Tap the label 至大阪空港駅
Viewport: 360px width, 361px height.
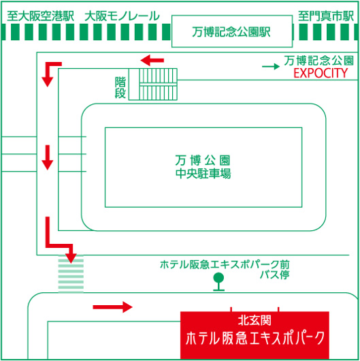coord(40,16)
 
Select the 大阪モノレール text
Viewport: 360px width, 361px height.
coord(122,16)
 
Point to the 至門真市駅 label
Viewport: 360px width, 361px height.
coord(326,16)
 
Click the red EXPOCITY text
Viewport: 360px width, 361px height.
coord(321,73)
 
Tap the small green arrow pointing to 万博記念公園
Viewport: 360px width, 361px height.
coord(271,67)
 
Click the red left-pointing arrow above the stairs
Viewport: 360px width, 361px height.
coord(152,61)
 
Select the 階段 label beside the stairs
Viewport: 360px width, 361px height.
coord(120,88)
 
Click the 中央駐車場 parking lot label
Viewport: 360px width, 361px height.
coord(203,174)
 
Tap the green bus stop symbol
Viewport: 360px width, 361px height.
coord(218,282)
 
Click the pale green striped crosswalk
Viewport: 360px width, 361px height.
coord(71,274)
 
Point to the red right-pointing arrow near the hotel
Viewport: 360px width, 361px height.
coord(112,307)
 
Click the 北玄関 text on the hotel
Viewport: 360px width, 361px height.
coord(255,321)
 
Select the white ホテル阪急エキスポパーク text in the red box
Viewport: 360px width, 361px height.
coord(255,339)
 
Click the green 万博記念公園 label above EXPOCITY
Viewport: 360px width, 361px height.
coord(318,61)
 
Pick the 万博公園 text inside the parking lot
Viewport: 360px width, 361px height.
coord(203,160)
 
